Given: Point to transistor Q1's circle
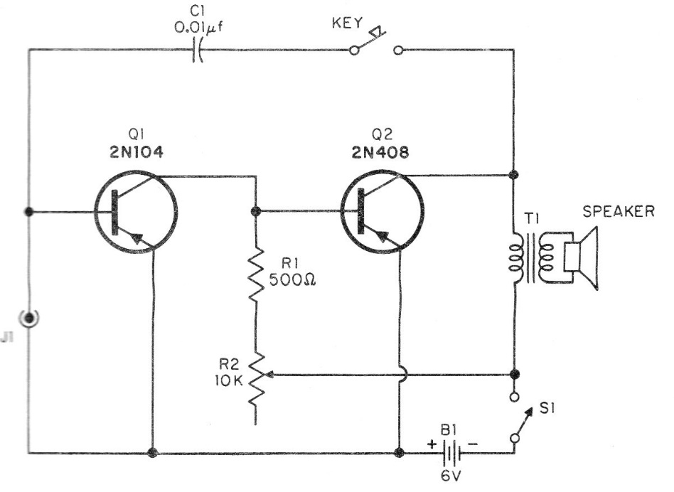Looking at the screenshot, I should [135, 211].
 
